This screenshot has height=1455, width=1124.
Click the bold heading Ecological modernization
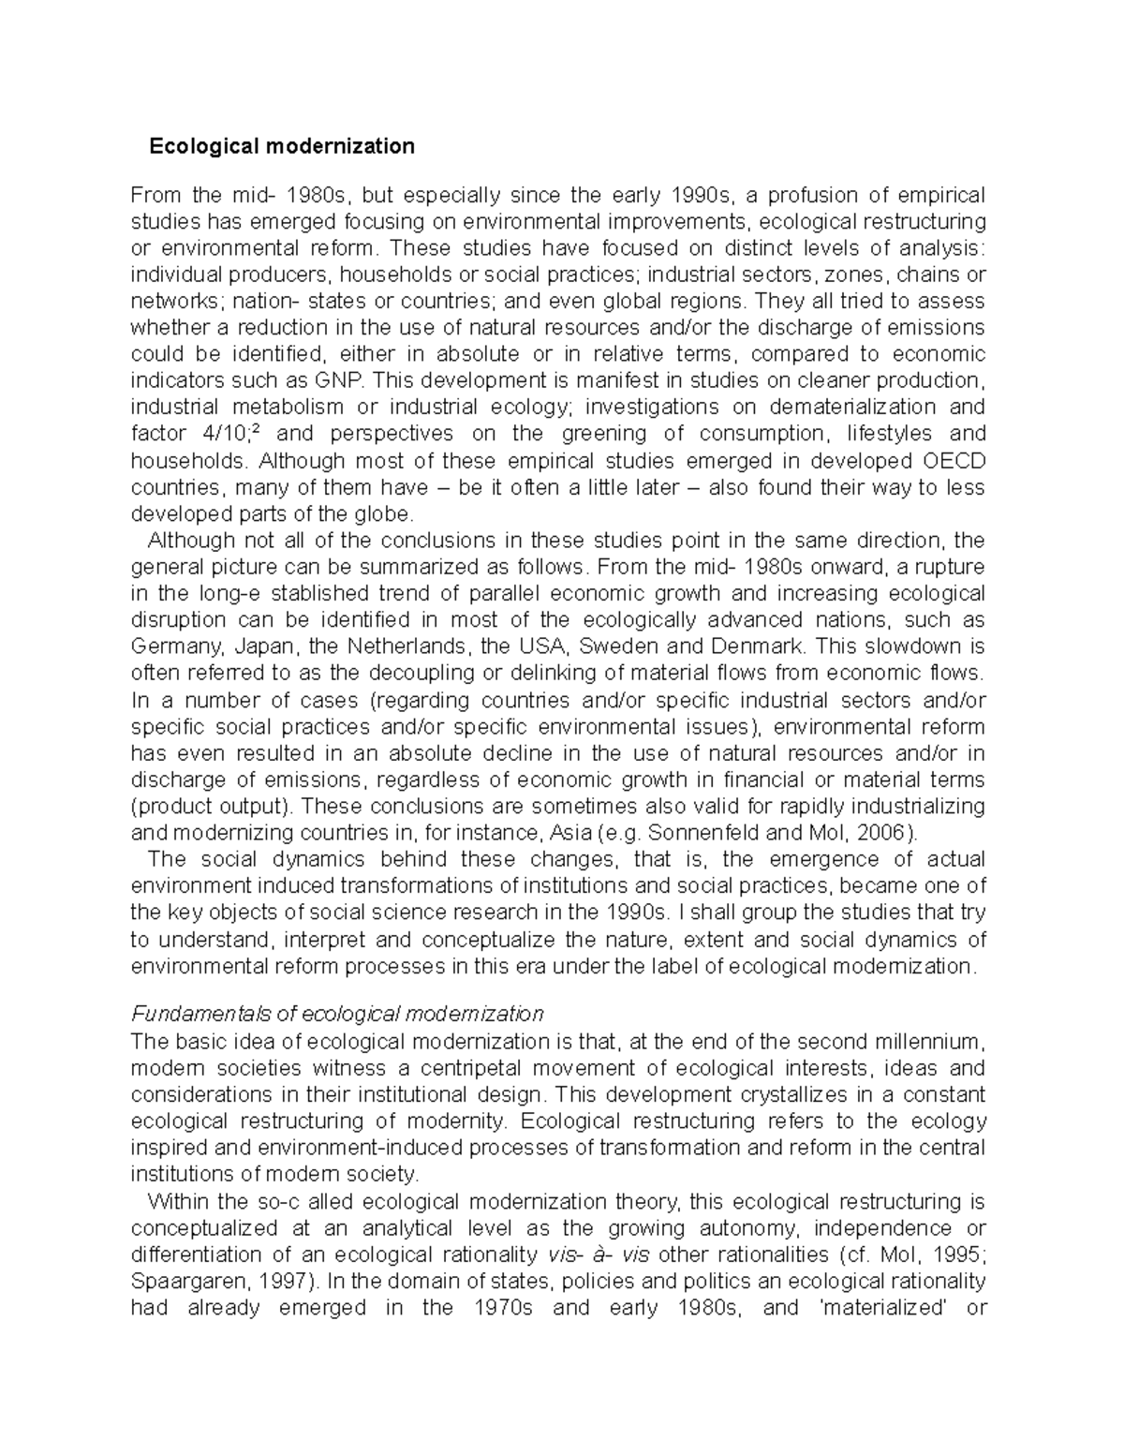(x=282, y=146)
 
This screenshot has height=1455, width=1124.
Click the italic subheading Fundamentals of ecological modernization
(x=337, y=1014)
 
